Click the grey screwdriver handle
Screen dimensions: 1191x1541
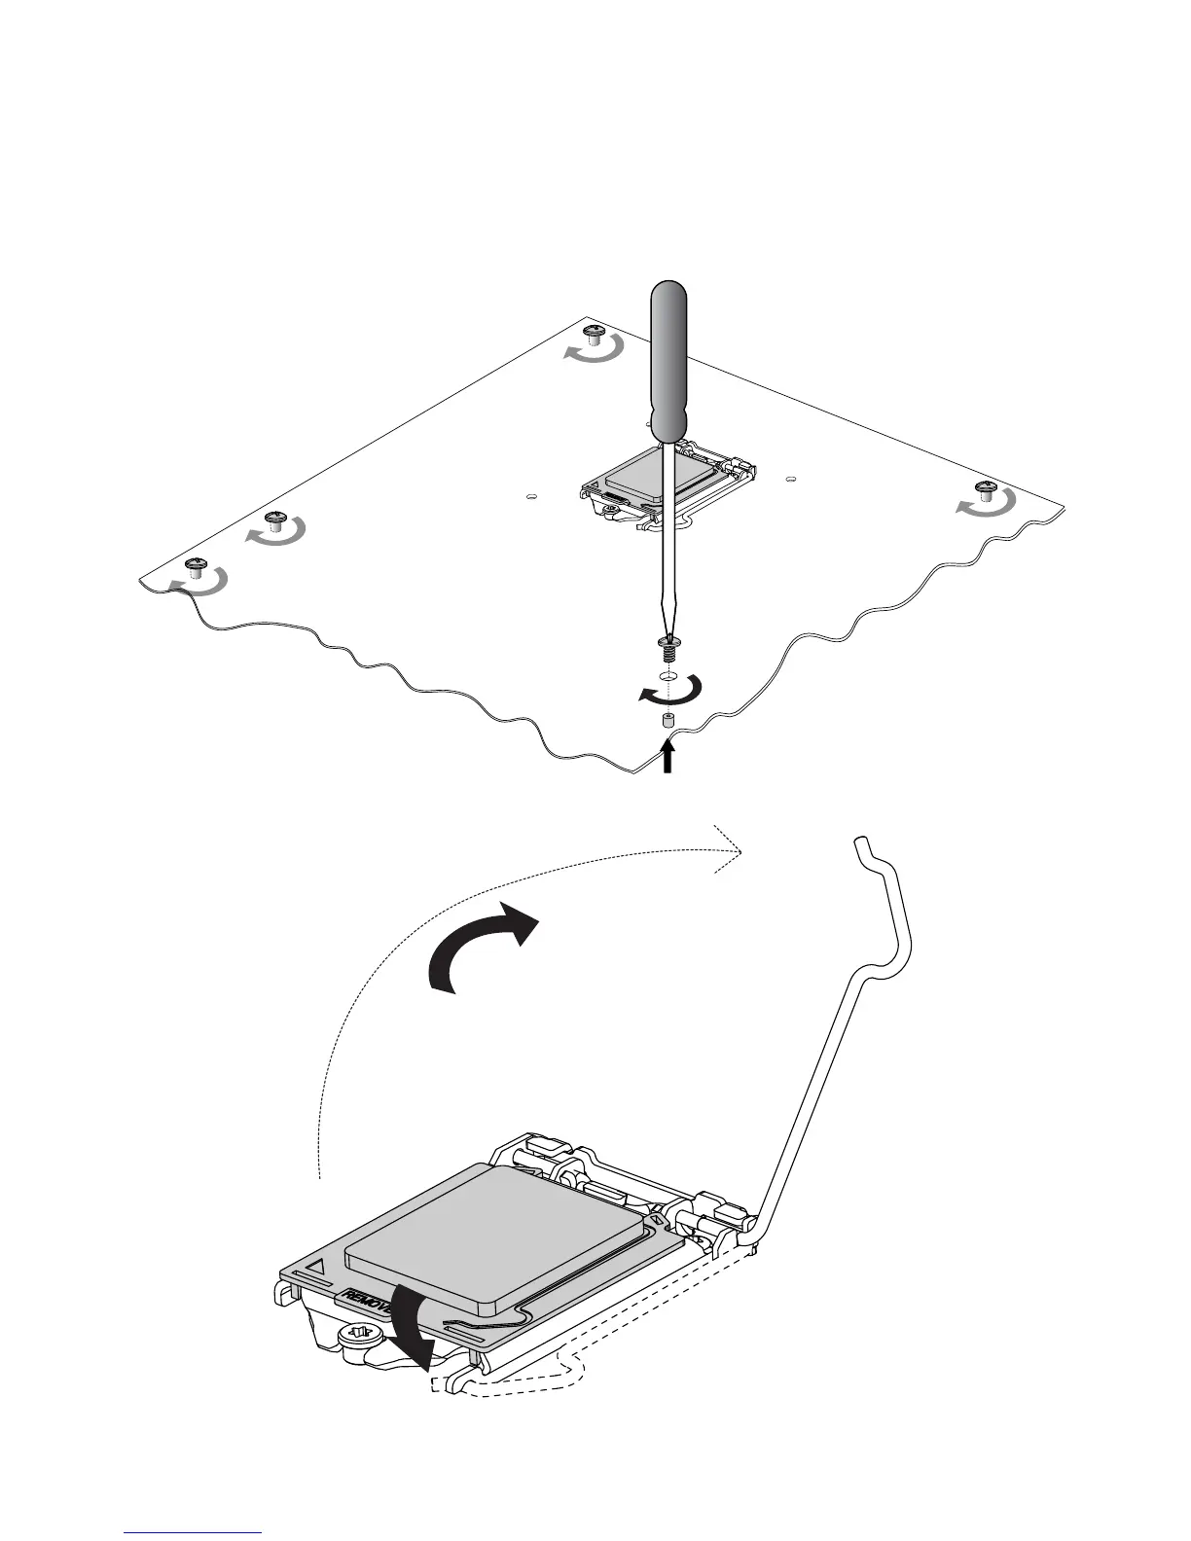click(668, 360)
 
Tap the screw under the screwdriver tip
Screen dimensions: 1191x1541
click(668, 644)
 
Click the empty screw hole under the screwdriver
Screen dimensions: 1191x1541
click(668, 675)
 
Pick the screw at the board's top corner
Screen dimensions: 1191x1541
click(595, 337)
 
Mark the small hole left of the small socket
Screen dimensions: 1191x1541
click(530, 496)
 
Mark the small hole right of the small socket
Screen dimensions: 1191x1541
click(790, 479)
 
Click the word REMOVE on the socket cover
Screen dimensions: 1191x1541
click(364, 1304)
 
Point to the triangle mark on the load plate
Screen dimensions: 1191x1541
click(316, 1269)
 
